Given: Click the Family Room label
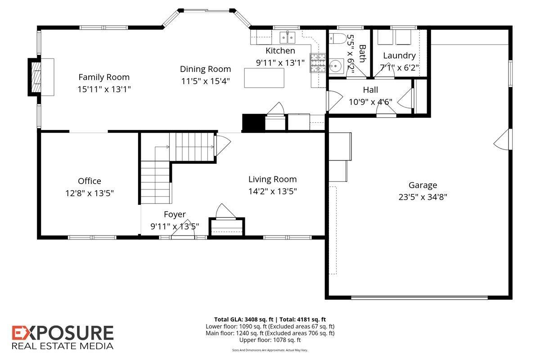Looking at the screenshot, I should [104, 77].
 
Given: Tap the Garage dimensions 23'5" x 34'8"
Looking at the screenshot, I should [423, 197].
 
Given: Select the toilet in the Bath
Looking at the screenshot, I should [337, 39].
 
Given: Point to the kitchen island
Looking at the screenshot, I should [264, 78].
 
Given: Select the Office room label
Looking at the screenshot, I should [90, 181].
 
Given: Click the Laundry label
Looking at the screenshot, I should [399, 55].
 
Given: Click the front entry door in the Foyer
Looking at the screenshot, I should [183, 236].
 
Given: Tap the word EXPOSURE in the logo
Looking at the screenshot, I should [63, 333].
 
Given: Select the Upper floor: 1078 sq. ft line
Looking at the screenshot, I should [270, 340].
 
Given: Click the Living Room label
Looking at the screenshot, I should [272, 179].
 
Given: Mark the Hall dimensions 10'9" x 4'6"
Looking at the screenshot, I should [370, 102].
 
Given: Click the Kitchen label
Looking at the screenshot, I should [280, 51].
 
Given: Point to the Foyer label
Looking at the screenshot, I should [175, 214].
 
